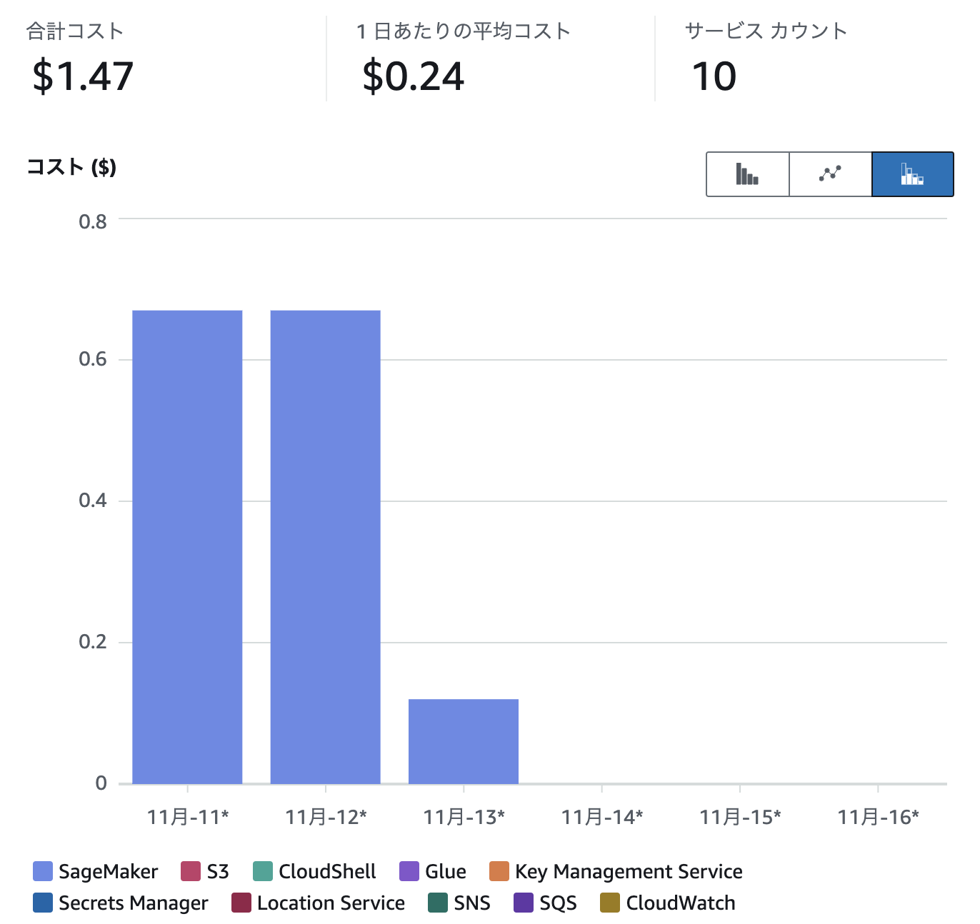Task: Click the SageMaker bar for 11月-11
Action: click(187, 547)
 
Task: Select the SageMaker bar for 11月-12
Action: click(325, 547)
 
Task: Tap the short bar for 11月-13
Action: click(463, 741)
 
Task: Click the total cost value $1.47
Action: click(83, 76)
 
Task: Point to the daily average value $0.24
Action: click(413, 76)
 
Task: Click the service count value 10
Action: click(714, 76)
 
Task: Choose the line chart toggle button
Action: click(830, 174)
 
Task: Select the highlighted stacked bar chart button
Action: click(912, 174)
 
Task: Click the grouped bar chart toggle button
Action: click(747, 174)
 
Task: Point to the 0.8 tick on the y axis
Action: click(93, 221)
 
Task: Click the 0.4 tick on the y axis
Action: click(93, 501)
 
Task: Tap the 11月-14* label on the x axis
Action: click(601, 817)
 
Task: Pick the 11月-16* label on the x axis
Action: click(878, 817)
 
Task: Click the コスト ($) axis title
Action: click(71, 167)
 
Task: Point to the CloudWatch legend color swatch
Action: click(610, 903)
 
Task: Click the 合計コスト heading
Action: click(75, 31)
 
